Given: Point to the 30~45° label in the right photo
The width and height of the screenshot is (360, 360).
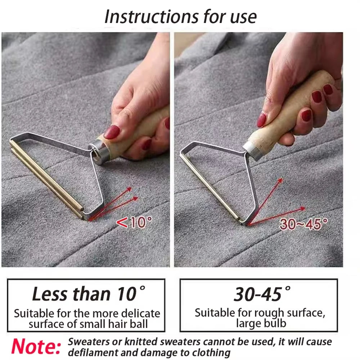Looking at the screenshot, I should pos(303,224).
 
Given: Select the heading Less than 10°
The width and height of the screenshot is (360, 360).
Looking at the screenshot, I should pos(85,294).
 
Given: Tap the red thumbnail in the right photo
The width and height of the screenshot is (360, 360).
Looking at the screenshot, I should pos(262,120).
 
